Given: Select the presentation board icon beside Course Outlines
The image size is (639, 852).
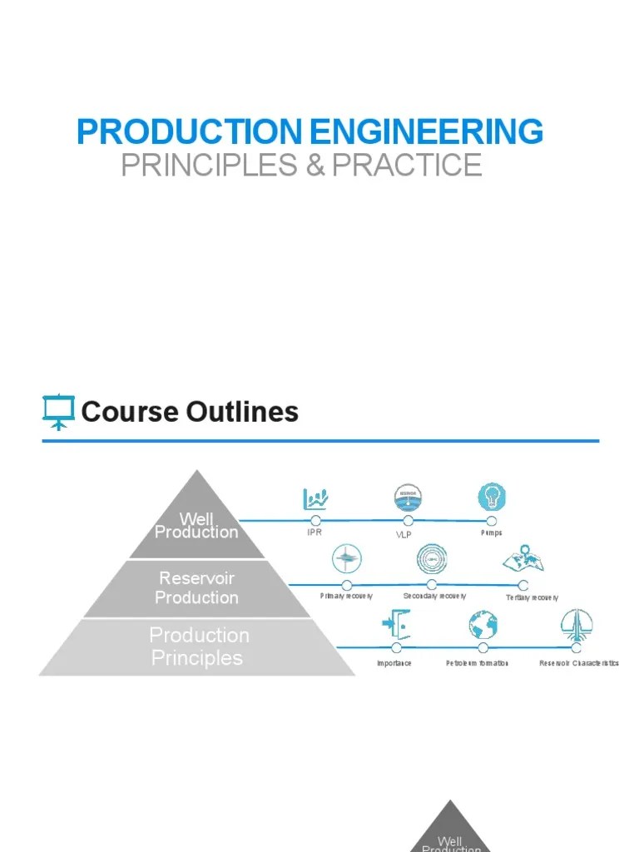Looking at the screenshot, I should [x=58, y=412].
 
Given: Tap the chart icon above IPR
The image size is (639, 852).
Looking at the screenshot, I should [x=315, y=499].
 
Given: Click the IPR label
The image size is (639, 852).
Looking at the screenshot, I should [x=314, y=533].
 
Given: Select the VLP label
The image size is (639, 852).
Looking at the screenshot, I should [x=404, y=534].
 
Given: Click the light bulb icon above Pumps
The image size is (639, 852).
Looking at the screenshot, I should [x=492, y=498].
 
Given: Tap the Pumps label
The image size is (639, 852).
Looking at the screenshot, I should [x=492, y=533].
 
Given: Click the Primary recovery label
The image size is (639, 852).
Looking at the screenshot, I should [x=346, y=597].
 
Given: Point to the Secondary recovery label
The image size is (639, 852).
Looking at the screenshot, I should [x=434, y=597].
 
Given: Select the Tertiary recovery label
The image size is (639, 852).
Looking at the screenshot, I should [x=532, y=597].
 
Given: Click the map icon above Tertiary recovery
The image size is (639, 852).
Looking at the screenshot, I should [x=523, y=560].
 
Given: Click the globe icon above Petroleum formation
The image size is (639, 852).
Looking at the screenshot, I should [x=483, y=625].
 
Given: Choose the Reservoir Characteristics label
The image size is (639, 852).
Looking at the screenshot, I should [x=578, y=663].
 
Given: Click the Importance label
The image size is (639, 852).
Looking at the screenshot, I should [x=394, y=663].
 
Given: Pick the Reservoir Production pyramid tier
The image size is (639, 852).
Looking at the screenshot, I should [x=196, y=587].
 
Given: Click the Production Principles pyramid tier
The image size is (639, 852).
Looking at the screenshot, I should [x=199, y=646].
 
